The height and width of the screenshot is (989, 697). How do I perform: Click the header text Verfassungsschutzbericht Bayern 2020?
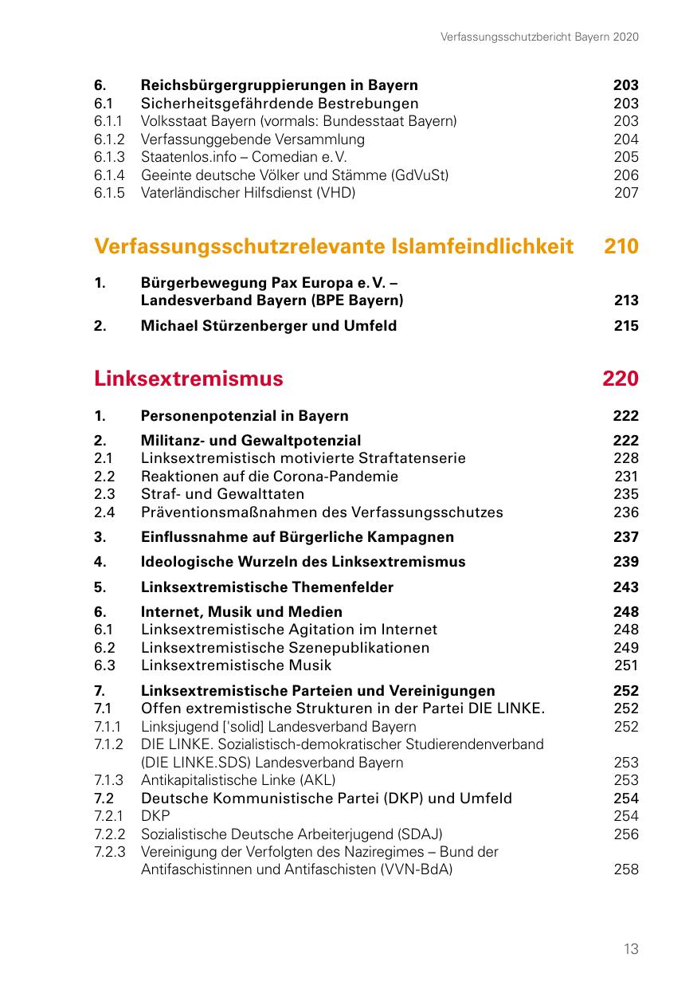coord(539,37)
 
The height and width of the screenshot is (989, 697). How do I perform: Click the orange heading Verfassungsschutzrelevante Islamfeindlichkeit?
coord(334,246)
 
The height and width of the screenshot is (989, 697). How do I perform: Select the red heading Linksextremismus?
coord(188,379)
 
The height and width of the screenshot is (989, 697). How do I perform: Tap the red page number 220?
coord(621,379)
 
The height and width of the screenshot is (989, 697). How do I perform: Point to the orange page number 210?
coord(621,246)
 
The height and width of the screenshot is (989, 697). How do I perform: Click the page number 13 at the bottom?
coord(631,948)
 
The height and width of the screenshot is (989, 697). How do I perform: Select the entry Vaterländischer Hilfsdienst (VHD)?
coord(248,193)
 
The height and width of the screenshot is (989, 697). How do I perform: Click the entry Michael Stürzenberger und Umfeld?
coord(268,325)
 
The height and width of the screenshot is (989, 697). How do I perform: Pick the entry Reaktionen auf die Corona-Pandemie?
coord(269,477)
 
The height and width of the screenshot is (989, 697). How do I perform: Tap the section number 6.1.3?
coord(108,157)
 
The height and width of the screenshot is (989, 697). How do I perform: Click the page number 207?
coord(626,193)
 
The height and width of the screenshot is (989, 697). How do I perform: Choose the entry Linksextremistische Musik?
coord(236,665)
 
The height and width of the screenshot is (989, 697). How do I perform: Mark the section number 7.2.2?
coord(110,834)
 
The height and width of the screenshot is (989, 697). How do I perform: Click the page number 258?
coord(626,869)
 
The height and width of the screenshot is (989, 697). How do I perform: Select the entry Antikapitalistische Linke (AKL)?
coord(238,780)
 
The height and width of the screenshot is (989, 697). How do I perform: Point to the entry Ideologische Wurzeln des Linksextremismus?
coord(303,562)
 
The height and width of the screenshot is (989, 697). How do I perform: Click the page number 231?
coord(626,477)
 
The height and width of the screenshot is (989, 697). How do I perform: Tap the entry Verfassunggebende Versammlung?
coord(253,139)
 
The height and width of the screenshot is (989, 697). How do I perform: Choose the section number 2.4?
coord(104,512)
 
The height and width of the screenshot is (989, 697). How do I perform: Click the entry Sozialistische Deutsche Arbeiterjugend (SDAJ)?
coord(292,834)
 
